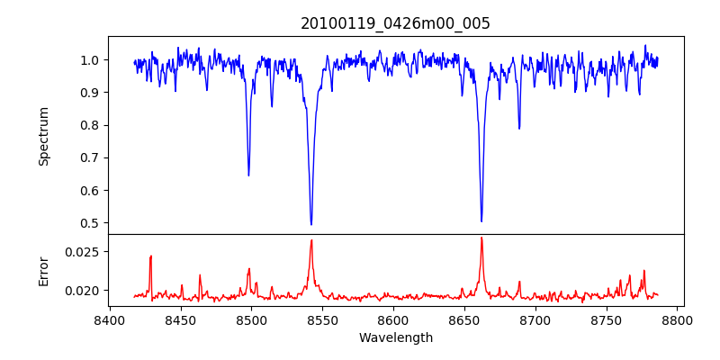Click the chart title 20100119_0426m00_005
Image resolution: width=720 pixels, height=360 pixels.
coord(395,23)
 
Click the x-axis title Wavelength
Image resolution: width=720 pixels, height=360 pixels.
coord(395,338)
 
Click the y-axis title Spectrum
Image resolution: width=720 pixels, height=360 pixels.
coord(44,136)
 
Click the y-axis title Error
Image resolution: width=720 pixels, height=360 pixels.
coord(44,270)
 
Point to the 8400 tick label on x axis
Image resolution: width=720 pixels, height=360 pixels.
coord(109,320)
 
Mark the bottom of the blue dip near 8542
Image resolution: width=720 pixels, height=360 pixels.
coord(311,224)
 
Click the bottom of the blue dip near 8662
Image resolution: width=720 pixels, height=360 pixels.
coord(481,220)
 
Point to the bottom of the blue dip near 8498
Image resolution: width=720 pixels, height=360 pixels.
coord(248,175)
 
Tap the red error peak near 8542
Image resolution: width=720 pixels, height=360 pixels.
coord(311,240)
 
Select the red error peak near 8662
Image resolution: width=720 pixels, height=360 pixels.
coord(481,238)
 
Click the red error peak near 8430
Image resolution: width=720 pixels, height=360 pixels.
coord(151,256)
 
